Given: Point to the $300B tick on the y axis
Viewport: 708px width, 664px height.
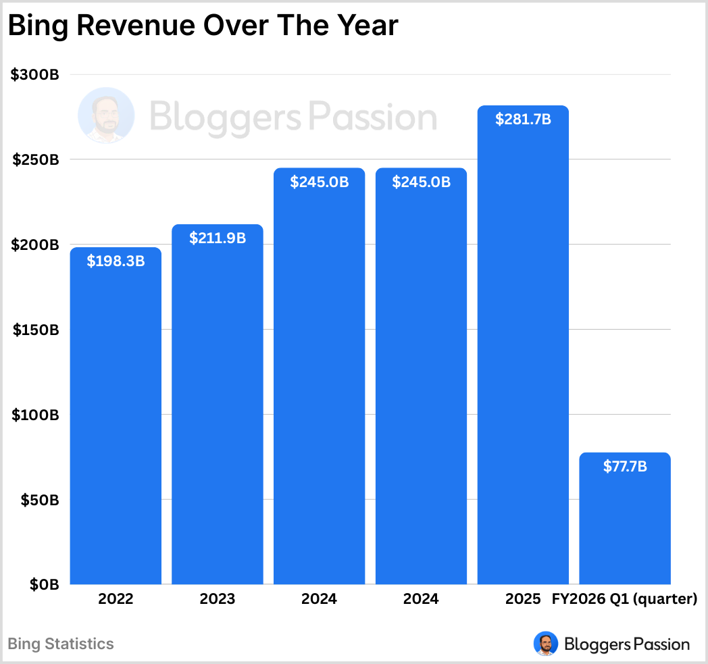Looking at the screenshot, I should click(x=35, y=75).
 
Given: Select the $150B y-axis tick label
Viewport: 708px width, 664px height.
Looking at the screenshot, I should click(x=35, y=330).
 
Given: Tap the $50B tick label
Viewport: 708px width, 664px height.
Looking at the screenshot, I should click(x=39, y=500).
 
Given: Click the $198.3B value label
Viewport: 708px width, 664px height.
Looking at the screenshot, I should click(x=116, y=261).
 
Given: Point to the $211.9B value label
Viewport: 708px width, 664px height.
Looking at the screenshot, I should click(x=217, y=238).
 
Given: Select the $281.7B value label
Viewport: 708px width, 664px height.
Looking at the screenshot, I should click(x=522, y=120).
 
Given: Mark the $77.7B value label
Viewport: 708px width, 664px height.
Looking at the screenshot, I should click(x=625, y=466).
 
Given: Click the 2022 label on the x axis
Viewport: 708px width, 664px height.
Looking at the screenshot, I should click(x=116, y=599).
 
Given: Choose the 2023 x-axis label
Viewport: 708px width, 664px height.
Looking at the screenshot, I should click(x=217, y=599).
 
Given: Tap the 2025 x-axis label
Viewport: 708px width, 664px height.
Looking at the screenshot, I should click(x=522, y=599).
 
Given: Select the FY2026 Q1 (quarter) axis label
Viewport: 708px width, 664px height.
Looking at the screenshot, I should click(x=624, y=599).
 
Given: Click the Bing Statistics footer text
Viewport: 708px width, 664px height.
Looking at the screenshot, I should click(x=61, y=644).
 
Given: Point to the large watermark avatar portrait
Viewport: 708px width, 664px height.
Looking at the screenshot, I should click(x=106, y=116).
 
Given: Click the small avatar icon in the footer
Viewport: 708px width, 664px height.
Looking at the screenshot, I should click(x=545, y=644).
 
